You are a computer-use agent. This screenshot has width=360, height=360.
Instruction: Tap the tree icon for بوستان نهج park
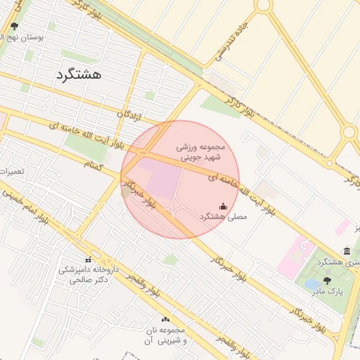point(14,26)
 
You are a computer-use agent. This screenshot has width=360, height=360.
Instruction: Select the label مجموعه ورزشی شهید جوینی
point(200,153)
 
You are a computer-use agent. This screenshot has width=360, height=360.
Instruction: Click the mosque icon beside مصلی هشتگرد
point(224,206)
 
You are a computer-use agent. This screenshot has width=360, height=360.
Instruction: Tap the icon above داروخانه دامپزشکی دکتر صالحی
point(89,259)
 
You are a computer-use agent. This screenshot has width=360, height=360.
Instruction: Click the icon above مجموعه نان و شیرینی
point(165,319)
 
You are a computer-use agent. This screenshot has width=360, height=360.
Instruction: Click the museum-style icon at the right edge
point(347,251)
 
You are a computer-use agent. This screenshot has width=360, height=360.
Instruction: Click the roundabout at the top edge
point(264,4)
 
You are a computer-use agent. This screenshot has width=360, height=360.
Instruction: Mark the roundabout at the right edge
point(349,132)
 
